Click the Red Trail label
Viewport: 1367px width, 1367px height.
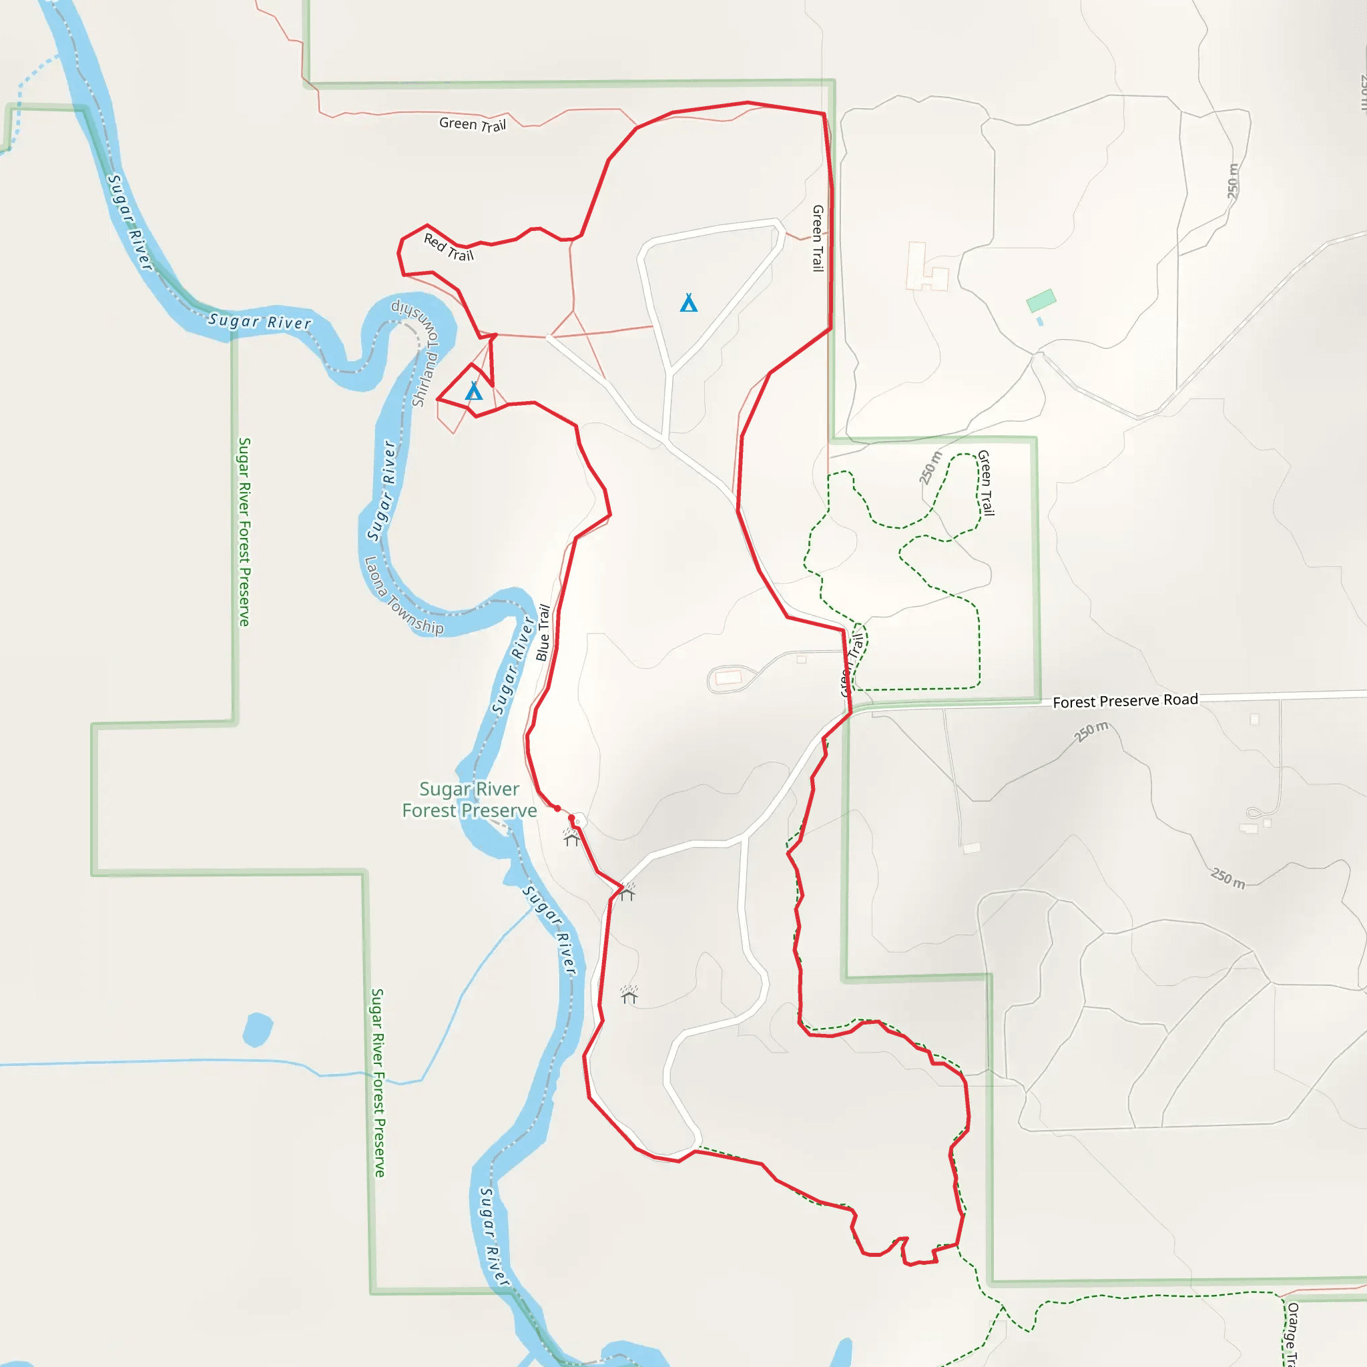[449, 247]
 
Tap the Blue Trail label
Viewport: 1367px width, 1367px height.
[543, 633]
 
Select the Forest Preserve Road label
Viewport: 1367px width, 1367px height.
[1125, 700]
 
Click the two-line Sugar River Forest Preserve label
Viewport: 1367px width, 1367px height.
[469, 800]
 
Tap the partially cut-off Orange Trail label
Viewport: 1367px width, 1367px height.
[1291, 1334]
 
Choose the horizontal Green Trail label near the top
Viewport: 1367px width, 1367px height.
[473, 124]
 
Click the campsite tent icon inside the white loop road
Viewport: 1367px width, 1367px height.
[688, 303]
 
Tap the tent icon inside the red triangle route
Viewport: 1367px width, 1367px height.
[473, 390]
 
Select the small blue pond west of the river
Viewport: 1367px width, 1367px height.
[257, 1029]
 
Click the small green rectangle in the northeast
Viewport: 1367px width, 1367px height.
[1041, 300]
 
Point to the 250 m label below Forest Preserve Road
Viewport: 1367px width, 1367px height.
[1091, 732]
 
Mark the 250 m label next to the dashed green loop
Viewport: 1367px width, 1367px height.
[930, 468]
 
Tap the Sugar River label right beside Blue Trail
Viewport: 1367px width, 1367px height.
[514, 665]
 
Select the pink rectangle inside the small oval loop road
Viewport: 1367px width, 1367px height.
[728, 678]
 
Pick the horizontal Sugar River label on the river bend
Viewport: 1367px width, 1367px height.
[260, 321]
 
